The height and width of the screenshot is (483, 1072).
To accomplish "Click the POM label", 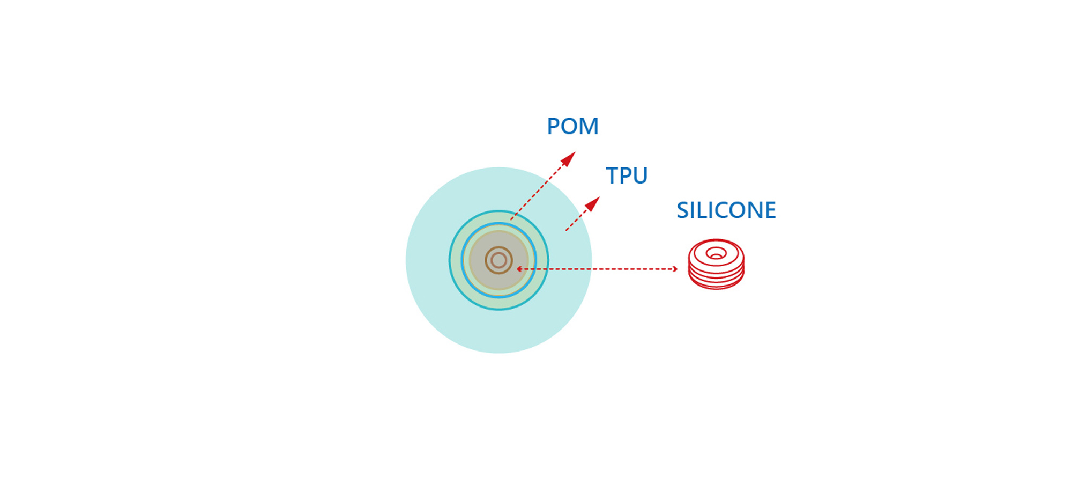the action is (x=572, y=126).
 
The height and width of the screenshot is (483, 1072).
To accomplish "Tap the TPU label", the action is (x=627, y=175).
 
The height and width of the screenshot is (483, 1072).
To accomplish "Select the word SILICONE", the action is (x=726, y=210).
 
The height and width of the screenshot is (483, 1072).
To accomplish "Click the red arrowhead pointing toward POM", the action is (x=568, y=159).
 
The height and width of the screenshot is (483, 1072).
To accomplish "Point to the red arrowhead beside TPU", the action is (x=592, y=204).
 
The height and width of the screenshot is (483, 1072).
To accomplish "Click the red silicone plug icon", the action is (x=716, y=264).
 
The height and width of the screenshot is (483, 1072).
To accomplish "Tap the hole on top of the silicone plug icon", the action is (x=716, y=253).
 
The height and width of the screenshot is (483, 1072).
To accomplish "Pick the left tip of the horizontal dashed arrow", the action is (x=517, y=268).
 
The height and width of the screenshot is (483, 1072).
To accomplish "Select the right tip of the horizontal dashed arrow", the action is (x=677, y=269).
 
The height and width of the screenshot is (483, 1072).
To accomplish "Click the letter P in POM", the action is (x=554, y=126).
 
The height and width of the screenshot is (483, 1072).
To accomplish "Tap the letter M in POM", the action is (x=589, y=126).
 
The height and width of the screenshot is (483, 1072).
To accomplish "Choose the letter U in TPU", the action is (x=641, y=176).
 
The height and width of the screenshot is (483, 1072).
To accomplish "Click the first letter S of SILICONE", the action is (x=683, y=210).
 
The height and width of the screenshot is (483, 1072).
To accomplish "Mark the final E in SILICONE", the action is (x=771, y=210).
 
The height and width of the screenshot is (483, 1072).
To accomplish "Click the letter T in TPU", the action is (x=612, y=175).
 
